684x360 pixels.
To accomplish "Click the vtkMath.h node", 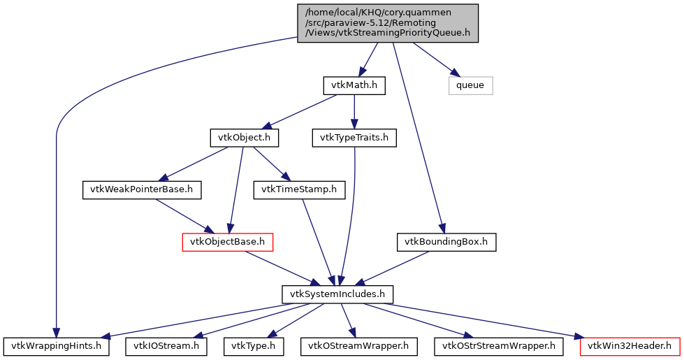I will click(354, 86).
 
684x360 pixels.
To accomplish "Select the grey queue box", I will click(470, 86).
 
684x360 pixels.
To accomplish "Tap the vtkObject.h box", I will click(245, 138).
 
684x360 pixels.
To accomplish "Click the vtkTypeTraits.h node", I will click(354, 138).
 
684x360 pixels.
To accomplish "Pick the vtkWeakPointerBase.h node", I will click(142, 189).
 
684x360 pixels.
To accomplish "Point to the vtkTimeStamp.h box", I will click(299, 189).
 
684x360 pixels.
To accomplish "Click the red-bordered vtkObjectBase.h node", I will click(227, 242).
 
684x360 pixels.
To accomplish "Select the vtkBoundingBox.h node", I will click(447, 242).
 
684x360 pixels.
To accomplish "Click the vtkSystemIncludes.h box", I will click(337, 294).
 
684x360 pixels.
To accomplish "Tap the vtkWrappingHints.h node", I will click(56, 345).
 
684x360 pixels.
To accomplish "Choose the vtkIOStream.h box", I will click(166, 345).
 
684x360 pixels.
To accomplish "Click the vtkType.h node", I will click(254, 345).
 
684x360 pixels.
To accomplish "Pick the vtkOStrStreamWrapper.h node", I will click(499, 345).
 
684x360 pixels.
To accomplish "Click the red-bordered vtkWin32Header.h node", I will click(630, 345).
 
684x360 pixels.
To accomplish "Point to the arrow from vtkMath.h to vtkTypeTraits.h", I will click(354, 112).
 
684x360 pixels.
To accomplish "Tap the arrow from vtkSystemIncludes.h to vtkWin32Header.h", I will click(489, 320).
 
